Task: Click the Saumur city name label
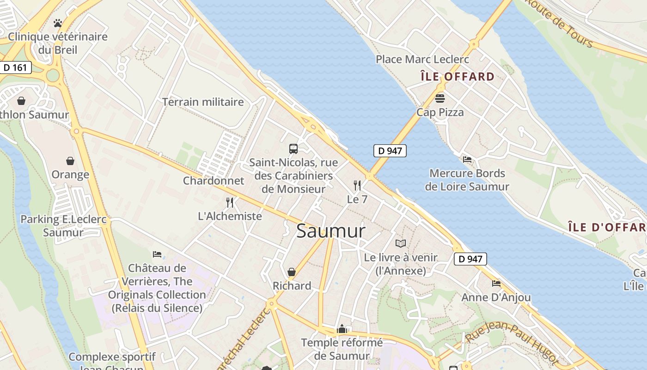[x=330, y=231]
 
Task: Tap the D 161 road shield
[x=15, y=68]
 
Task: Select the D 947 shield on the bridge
[x=390, y=150]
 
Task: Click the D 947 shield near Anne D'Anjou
[x=470, y=259]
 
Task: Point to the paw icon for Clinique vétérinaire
[x=58, y=23]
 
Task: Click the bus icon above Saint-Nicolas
[x=293, y=148]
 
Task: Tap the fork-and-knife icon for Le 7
[x=357, y=185]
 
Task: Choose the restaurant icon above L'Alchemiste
[x=230, y=202]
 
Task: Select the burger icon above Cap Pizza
[x=439, y=98]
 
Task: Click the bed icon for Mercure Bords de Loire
[x=467, y=160]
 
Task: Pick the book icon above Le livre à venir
[x=401, y=243]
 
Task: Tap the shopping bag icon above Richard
[x=292, y=272]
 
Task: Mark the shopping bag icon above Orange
[x=70, y=161]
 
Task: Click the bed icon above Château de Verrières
[x=157, y=254]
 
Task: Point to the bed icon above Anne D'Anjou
[x=496, y=283]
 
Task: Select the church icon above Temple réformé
[x=342, y=329]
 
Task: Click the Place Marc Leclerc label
[x=422, y=59]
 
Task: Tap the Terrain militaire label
[x=202, y=102]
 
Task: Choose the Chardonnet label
[x=214, y=180]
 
